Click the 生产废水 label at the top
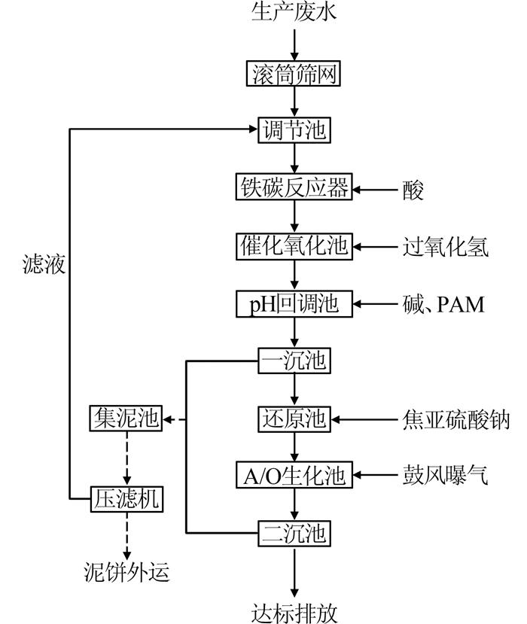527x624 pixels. click(294, 14)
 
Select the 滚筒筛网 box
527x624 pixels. click(294, 74)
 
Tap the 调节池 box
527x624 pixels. click(294, 129)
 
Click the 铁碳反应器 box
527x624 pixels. click(294, 187)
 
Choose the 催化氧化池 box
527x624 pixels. click(294, 245)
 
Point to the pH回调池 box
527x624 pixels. click(294, 304)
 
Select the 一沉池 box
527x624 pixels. click(294, 361)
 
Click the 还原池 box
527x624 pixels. click(294, 419)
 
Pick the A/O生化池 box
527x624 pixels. click(294, 476)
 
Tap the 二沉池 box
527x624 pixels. click(294, 534)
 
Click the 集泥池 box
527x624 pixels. click(126, 419)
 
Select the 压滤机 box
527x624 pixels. click(126, 498)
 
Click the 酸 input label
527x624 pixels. click(413, 189)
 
